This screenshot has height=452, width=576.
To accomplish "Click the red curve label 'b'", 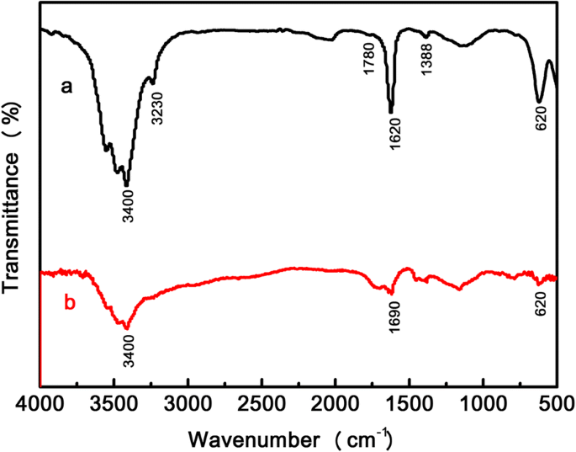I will [71, 300].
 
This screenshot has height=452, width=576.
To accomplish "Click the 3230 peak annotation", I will [157, 108].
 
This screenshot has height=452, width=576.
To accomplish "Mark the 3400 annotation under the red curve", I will [129, 348].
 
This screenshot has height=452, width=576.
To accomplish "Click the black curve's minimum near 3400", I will [126, 184].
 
